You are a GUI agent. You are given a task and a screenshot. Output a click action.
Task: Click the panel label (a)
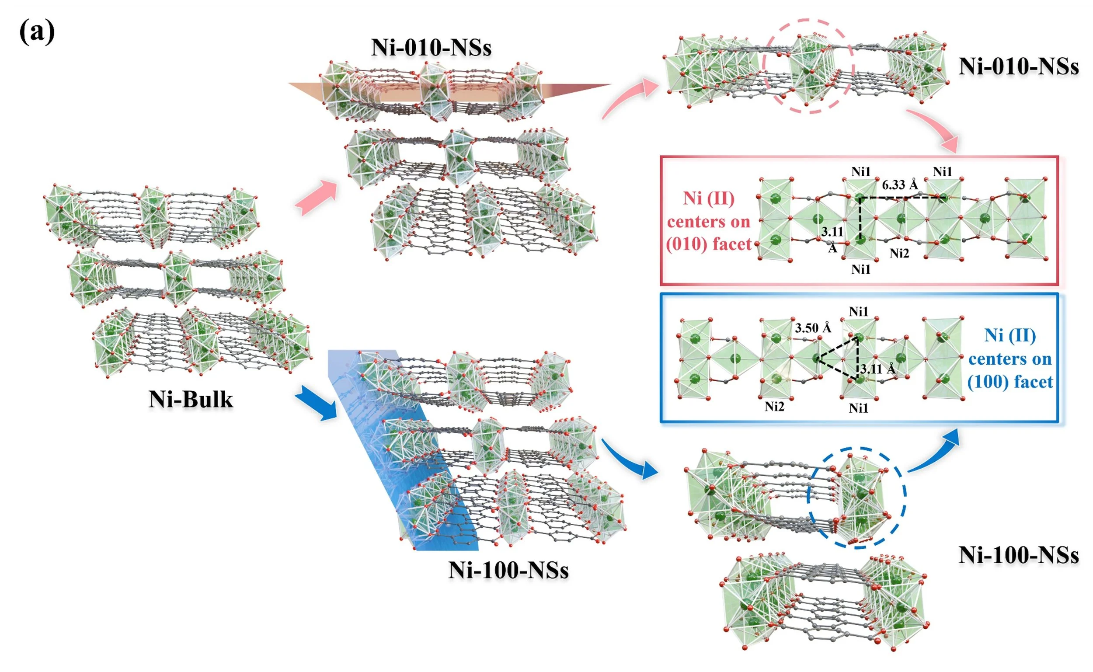coord(37,32)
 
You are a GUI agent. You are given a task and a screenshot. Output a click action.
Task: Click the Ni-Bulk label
coord(191,399)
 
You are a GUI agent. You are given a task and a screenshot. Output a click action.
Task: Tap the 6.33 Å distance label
coord(900,185)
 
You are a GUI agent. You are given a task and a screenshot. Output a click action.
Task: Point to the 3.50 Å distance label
coord(813,328)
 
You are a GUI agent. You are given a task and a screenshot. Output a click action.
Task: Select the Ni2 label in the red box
coord(899,253)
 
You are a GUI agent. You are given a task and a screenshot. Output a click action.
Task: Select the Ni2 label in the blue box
coord(774,406)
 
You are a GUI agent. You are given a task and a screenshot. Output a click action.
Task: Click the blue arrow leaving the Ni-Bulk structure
coord(317,403)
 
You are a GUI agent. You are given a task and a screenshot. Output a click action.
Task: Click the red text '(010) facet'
coord(708,244)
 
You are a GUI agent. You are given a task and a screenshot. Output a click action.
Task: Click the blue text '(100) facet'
coord(1010,382)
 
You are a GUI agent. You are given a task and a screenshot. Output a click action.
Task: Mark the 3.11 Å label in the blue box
coord(878,369)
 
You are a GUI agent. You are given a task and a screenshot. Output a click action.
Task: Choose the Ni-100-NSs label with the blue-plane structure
coord(508,570)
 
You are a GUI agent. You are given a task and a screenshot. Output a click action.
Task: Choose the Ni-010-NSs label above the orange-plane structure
coord(431,47)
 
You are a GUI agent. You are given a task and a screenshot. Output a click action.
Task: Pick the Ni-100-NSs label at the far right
coord(1018,555)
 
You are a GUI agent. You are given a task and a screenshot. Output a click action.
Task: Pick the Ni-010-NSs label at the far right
coord(1018,66)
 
